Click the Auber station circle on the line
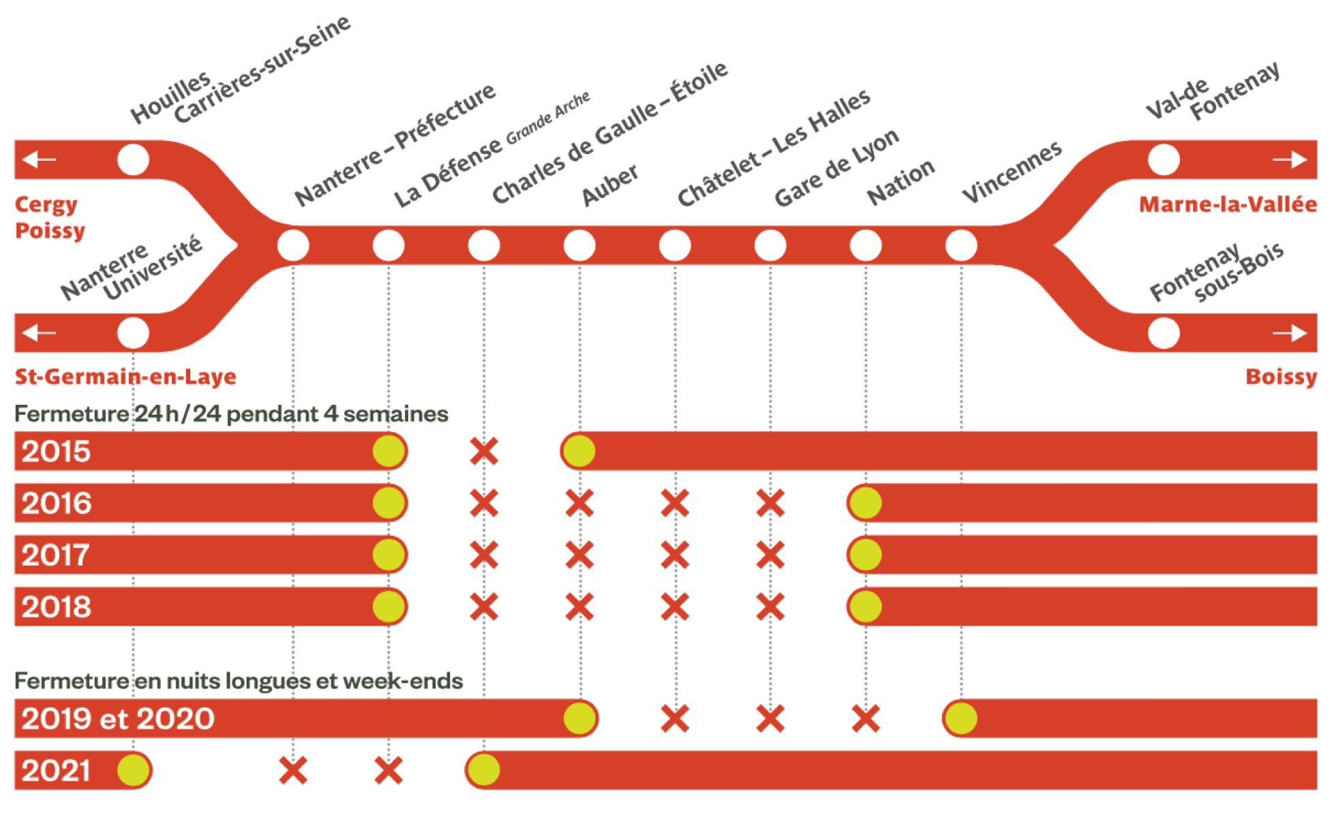point(579,245)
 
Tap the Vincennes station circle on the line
point(961,245)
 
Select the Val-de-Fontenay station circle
point(1164,160)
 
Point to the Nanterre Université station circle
point(133,333)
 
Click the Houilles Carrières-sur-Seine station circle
point(133,160)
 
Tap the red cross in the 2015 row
point(484,451)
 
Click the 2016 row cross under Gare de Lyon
point(770,504)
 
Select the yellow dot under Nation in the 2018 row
point(866,607)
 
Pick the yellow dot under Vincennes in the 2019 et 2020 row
point(961,718)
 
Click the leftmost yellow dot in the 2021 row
point(133,771)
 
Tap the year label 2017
point(55,555)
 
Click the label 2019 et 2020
point(117,719)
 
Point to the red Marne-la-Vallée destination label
point(1227,204)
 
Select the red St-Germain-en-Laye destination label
point(125,377)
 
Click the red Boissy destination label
point(1280,377)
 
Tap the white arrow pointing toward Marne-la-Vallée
point(1290,160)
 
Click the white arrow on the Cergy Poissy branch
point(39,160)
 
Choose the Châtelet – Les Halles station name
point(774,148)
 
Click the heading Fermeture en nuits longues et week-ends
point(239,681)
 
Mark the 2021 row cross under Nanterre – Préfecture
point(293,771)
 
